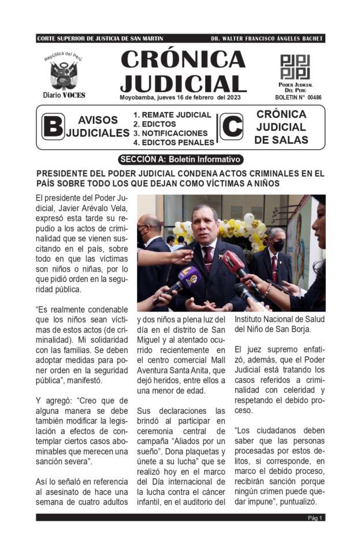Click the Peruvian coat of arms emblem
point(64,74)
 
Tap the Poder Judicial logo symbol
point(295,67)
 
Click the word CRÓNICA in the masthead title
point(183,60)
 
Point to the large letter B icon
point(53,127)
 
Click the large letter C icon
point(232,127)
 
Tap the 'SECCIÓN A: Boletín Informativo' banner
point(180,160)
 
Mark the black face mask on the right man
point(278,246)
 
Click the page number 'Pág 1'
point(315,518)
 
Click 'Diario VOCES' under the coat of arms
point(64,95)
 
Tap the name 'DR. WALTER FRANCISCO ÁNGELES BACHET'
point(266,39)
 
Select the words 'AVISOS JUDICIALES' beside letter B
point(97,127)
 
